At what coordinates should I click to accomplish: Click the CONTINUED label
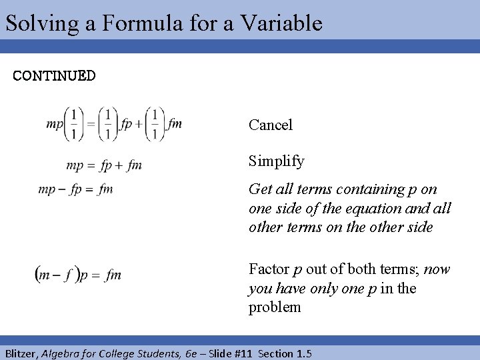[x=55, y=75]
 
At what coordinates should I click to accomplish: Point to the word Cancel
[x=271, y=125]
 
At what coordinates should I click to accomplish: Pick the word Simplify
[x=277, y=161]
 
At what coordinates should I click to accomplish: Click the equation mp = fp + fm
[x=104, y=165]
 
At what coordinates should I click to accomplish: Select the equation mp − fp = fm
[x=75, y=189]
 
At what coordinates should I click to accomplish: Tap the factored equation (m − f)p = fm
[x=78, y=274]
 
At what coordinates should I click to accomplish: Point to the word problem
[x=275, y=307]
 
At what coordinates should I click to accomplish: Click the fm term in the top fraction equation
[x=175, y=123]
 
